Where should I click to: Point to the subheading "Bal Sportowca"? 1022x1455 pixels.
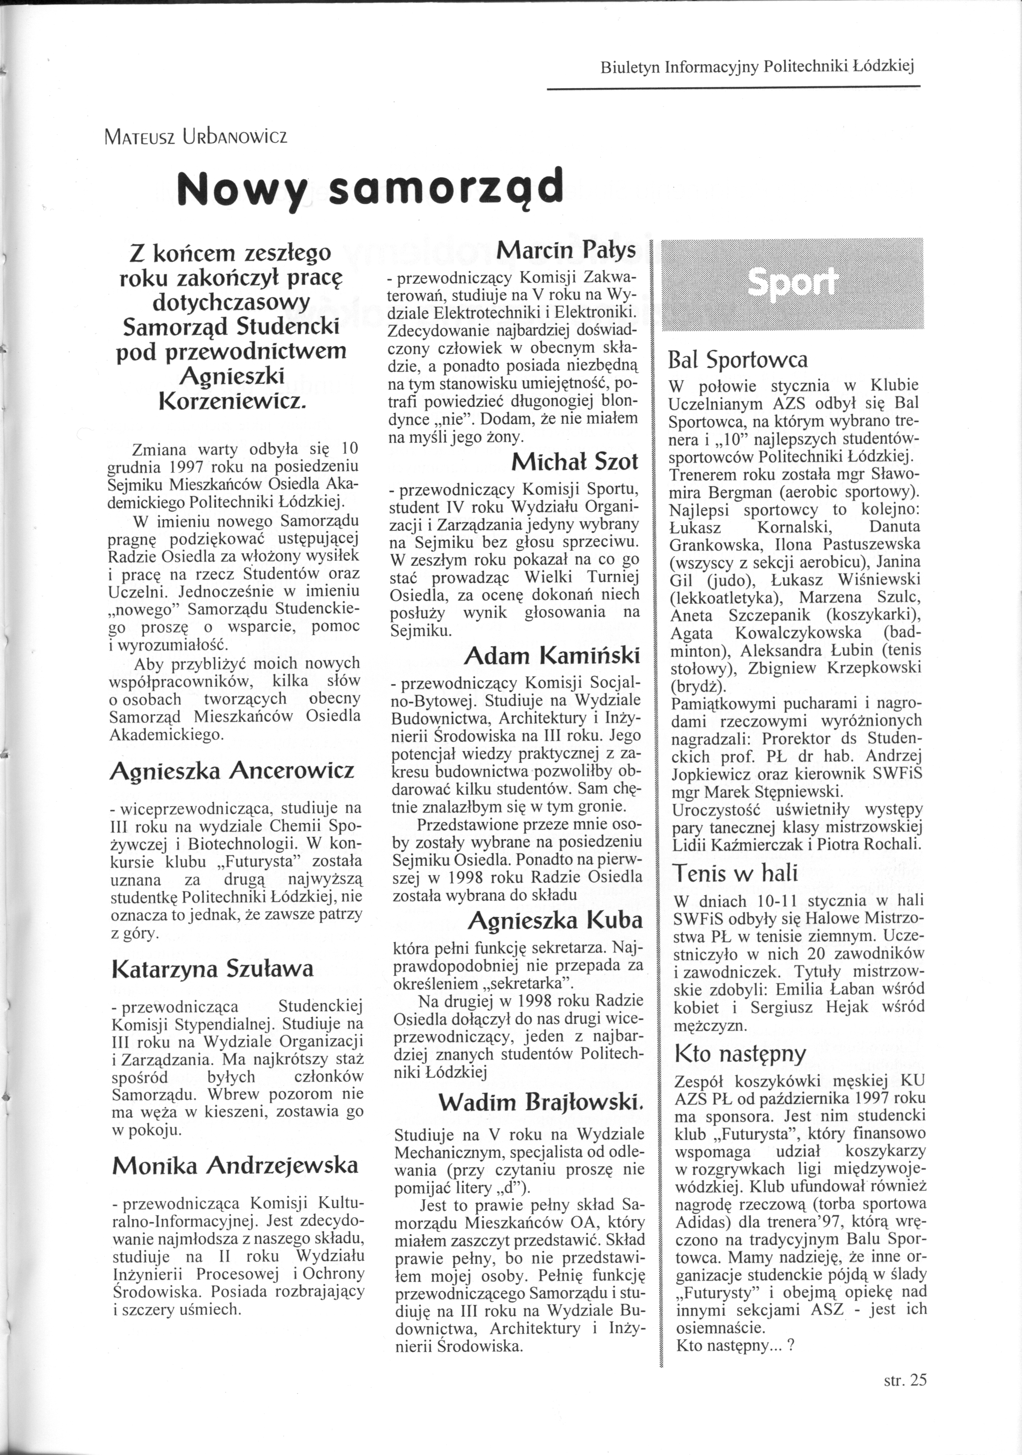click(x=738, y=360)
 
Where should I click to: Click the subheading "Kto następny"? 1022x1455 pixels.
click(x=740, y=1053)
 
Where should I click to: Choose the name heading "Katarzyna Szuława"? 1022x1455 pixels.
click(x=212, y=969)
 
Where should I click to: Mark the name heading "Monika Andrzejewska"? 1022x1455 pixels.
click(x=235, y=1165)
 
